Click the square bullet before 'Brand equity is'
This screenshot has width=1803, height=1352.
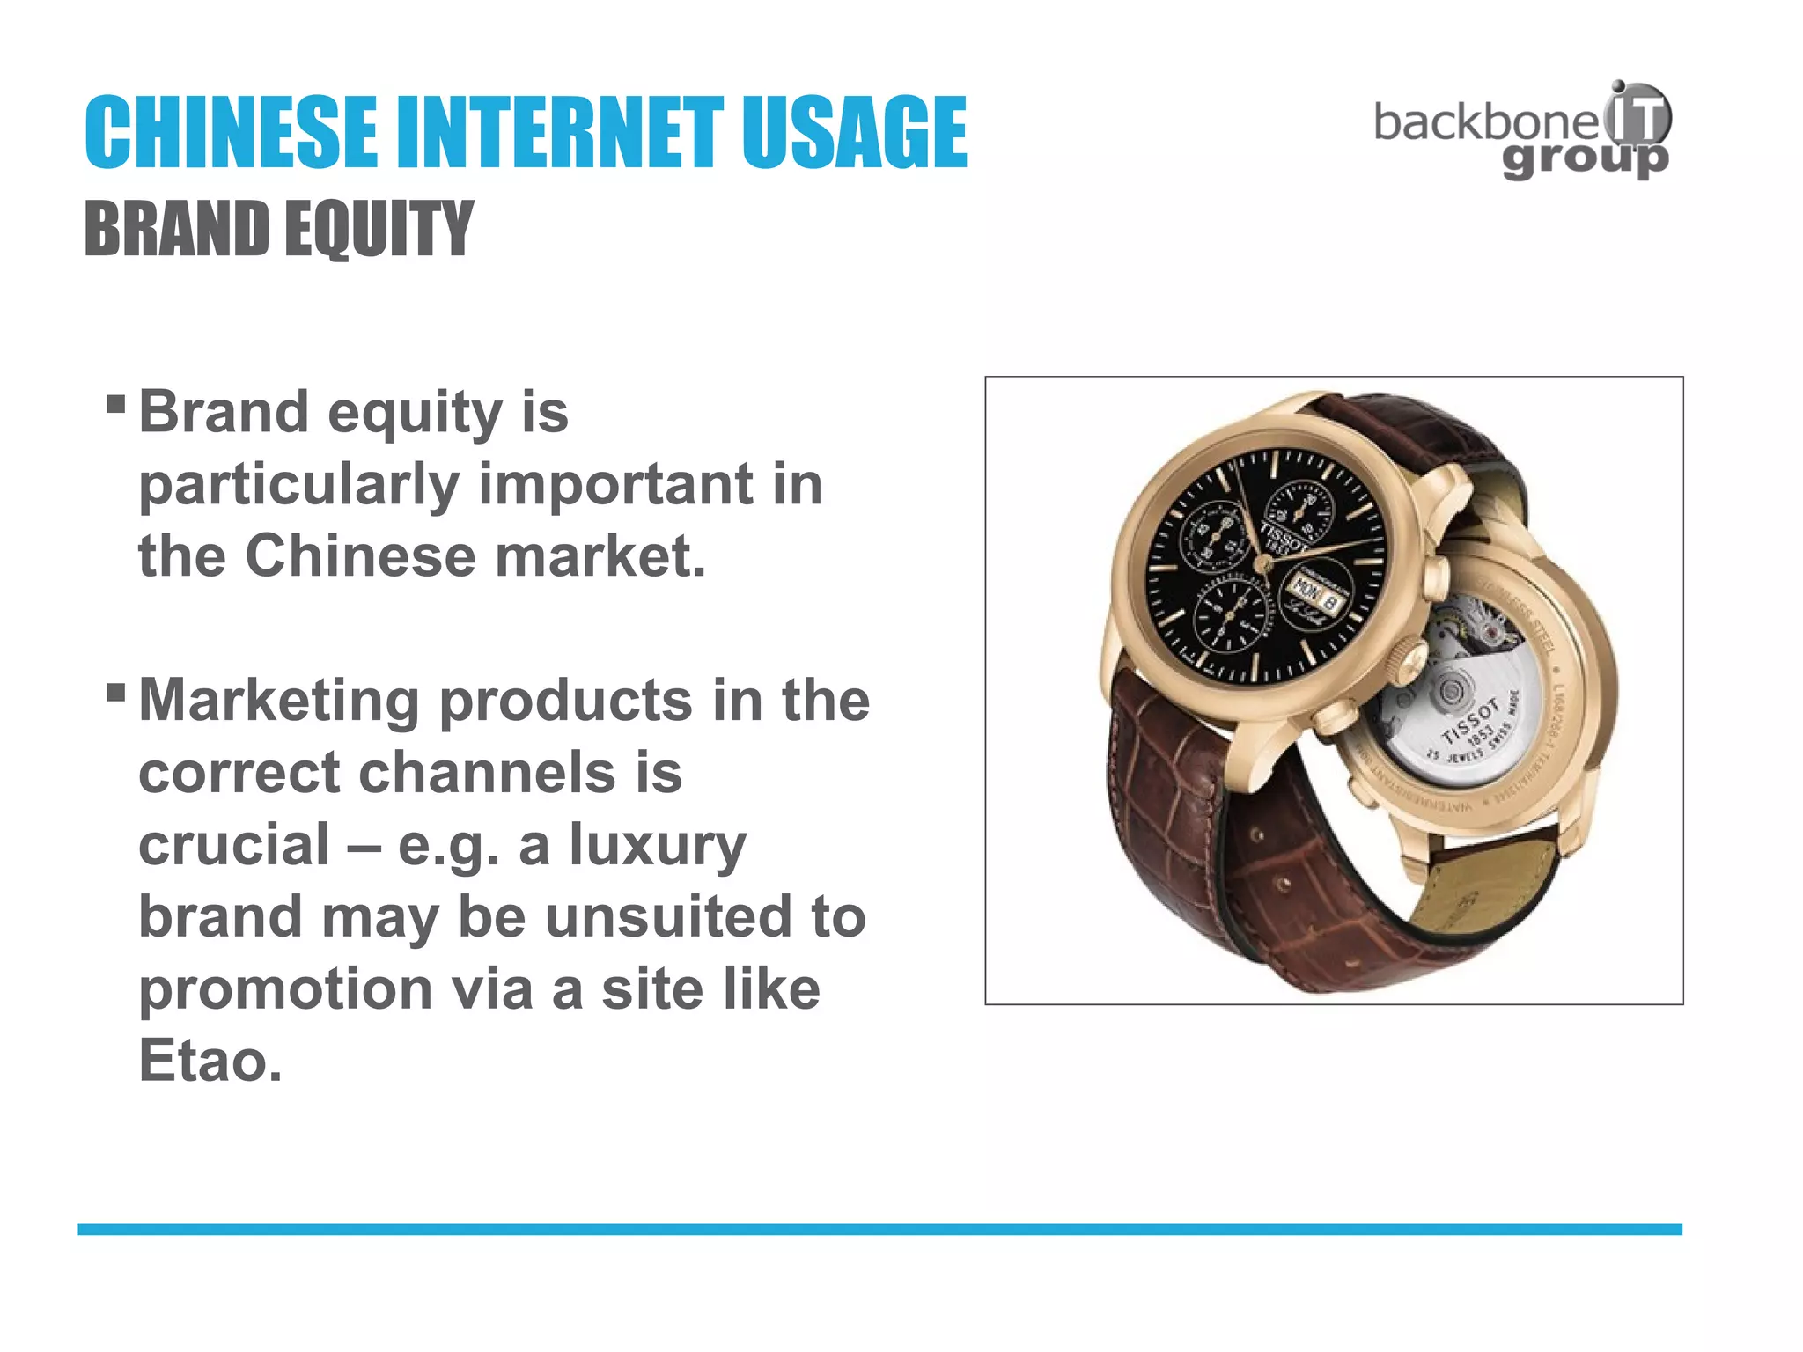115,405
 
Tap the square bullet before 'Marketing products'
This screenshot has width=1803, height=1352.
115,693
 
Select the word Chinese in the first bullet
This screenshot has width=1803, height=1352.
359,556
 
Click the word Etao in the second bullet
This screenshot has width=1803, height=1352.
210,1061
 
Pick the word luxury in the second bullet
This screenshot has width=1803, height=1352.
658,845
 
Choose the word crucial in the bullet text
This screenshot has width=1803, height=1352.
234,845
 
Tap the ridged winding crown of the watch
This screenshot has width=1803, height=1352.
1408,662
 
